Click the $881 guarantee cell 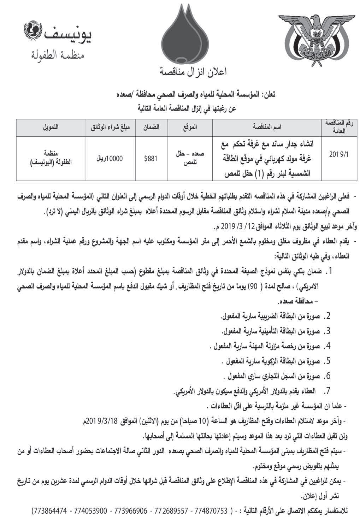(x=151, y=159)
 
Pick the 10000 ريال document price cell (x=108, y=159)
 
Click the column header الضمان (x=151, y=126)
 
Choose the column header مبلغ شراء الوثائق (x=108, y=126)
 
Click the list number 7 (x=328, y=390)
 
